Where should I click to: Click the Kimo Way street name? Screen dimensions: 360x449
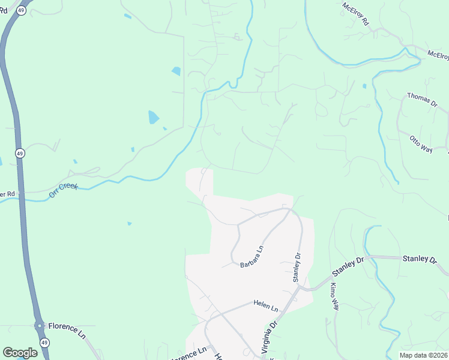click(334, 296)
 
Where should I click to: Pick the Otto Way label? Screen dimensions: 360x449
click(421, 144)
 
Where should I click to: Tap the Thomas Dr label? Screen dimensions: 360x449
click(422, 100)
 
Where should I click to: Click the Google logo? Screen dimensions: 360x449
click(20, 353)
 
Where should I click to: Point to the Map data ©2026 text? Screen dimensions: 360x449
click(423, 355)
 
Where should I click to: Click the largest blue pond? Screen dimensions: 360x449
click(154, 117)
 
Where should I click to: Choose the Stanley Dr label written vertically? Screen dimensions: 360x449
click(296, 267)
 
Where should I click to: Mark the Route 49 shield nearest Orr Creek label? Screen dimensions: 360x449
click(20, 153)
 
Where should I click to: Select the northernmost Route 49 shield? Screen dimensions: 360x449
click(21, 11)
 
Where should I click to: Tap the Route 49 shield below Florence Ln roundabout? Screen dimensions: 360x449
click(44, 341)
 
